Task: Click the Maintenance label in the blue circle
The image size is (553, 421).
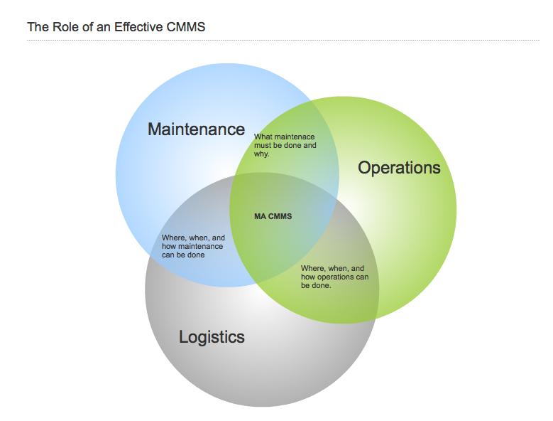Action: tap(196, 129)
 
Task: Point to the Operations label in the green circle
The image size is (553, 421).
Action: tap(399, 168)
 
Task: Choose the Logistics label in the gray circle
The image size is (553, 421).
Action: tap(212, 337)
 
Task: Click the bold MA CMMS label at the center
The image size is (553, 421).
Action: tap(273, 217)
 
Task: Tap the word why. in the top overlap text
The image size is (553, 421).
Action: tap(262, 154)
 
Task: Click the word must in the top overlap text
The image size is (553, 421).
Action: tap(263, 145)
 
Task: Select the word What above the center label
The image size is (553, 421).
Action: tap(263, 137)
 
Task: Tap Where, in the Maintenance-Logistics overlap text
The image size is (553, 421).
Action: tap(173, 238)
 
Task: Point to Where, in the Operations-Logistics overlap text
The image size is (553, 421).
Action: tap(312, 269)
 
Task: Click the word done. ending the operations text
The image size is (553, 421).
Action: tap(322, 286)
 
